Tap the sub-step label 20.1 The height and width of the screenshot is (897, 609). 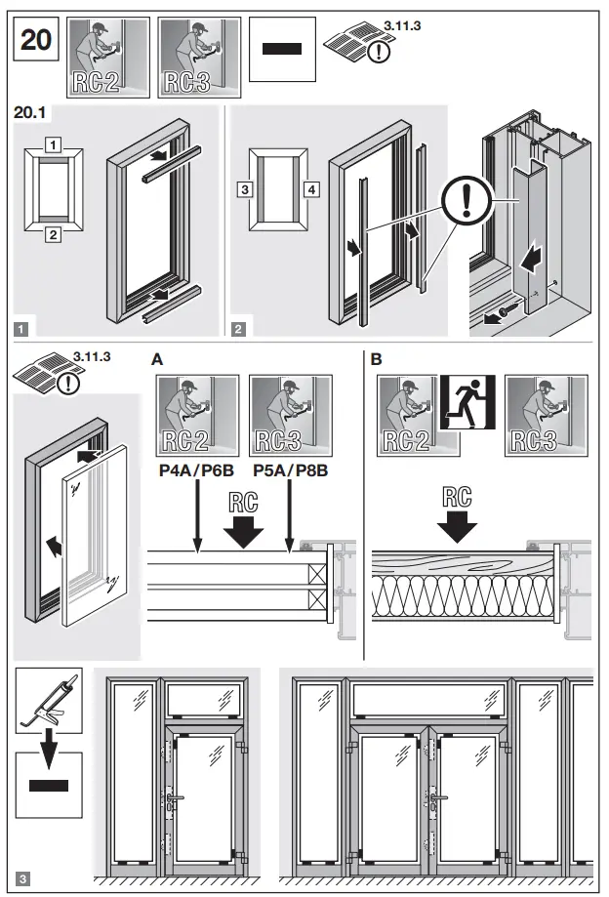[x=30, y=112]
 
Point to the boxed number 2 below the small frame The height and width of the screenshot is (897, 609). [x=53, y=234]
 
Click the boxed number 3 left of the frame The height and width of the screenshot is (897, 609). [x=245, y=186]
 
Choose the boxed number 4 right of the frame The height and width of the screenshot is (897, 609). [x=311, y=186]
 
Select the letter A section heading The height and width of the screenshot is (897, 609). [x=157, y=359]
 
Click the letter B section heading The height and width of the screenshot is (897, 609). [x=378, y=359]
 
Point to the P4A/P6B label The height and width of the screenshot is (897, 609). [x=195, y=469]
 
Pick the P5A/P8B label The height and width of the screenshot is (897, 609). [x=290, y=469]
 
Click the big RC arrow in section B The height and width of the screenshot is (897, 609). [x=456, y=513]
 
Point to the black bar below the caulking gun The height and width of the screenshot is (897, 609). [x=49, y=786]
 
